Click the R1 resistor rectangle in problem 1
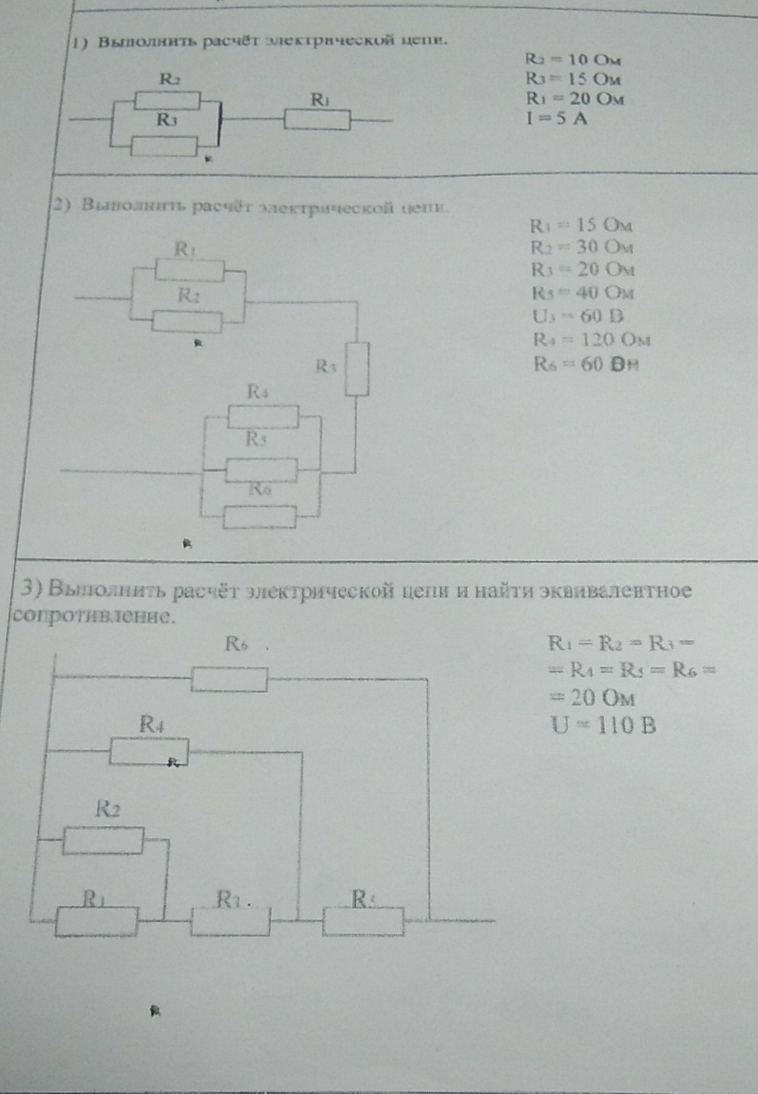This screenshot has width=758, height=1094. tap(317, 120)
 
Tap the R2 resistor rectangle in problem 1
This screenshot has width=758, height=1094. tap(168, 100)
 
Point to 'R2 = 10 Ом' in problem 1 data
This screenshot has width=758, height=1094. tap(574, 60)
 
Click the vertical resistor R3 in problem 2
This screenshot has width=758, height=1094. tap(356, 369)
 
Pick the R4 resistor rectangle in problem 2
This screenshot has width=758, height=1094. tap(263, 417)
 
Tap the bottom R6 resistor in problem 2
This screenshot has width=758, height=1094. tap(260, 517)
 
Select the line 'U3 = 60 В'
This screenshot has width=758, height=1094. tap(578, 316)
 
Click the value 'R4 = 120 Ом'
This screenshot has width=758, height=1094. tap(591, 339)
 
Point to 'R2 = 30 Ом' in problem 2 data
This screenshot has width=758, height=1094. tap(582, 247)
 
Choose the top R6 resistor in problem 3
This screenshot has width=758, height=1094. tap(229, 679)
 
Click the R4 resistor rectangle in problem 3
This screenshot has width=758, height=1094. tap(149, 751)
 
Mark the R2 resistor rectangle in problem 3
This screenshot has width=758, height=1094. tap(103, 840)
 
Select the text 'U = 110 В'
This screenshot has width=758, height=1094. tap(604, 725)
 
